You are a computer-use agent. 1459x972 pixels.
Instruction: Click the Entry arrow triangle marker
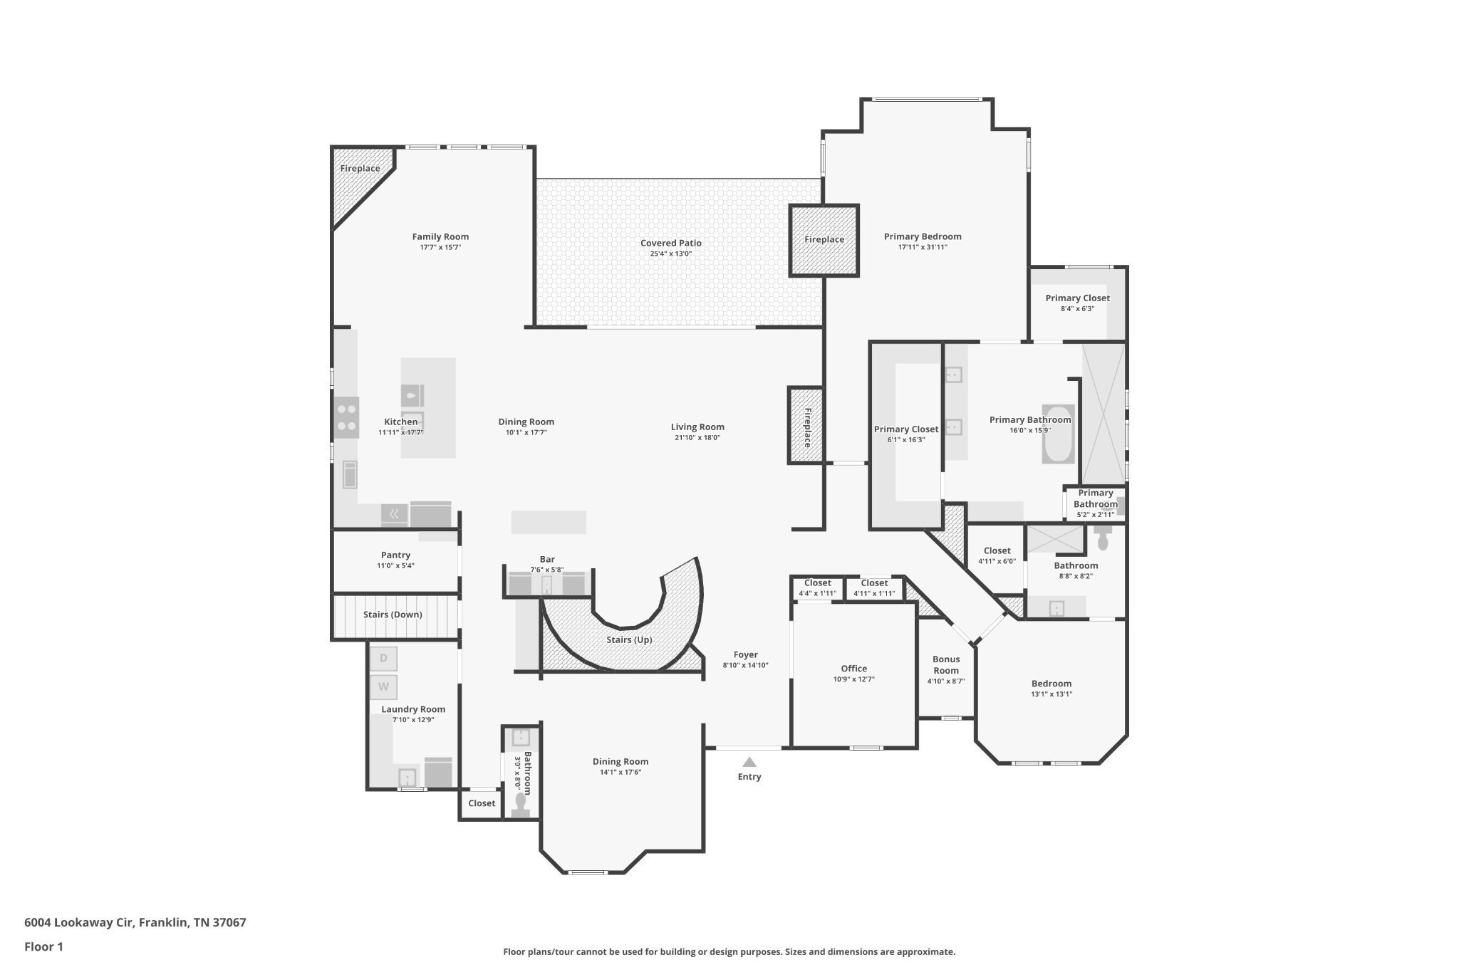point(749,762)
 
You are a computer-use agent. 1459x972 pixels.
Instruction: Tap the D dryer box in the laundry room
point(383,659)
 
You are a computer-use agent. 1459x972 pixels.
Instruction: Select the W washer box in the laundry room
point(383,687)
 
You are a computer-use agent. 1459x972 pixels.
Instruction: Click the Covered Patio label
point(670,243)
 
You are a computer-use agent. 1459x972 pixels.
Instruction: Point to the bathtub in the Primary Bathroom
point(1058,434)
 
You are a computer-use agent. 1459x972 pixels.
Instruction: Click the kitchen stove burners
point(346,417)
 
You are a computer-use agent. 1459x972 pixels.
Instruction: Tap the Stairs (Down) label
point(393,615)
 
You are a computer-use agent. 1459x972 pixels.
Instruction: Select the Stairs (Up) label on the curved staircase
point(629,639)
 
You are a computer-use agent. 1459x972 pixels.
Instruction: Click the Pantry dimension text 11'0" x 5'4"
point(395,566)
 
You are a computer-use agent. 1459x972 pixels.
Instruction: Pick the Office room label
point(853,669)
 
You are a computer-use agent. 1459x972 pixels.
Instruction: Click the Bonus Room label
point(946,664)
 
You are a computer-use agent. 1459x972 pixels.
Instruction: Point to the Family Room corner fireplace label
point(360,169)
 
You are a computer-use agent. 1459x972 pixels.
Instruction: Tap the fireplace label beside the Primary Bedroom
point(824,240)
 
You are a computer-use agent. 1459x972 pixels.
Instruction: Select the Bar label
point(547,560)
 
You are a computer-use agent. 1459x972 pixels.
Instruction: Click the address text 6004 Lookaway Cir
point(78,922)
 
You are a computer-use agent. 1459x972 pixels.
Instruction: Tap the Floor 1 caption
point(43,946)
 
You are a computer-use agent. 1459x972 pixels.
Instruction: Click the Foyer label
point(746,654)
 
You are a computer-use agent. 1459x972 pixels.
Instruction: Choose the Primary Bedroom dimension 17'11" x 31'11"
point(923,248)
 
